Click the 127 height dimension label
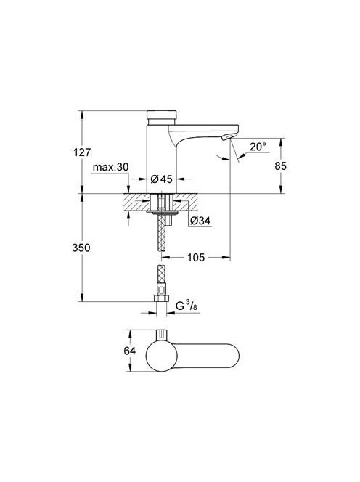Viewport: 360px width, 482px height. pos(82,152)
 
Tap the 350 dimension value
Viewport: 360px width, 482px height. pos(81,248)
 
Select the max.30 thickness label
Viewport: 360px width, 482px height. pos(110,167)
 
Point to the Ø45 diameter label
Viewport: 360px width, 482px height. pos(162,179)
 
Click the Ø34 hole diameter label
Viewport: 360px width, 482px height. pos(200,221)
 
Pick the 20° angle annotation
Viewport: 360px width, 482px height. pos(258,147)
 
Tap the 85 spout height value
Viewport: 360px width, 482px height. pos(280,166)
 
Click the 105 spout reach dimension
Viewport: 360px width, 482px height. pos(196,257)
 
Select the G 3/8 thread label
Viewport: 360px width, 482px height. pos(186,306)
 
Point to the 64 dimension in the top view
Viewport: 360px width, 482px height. pos(129,351)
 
